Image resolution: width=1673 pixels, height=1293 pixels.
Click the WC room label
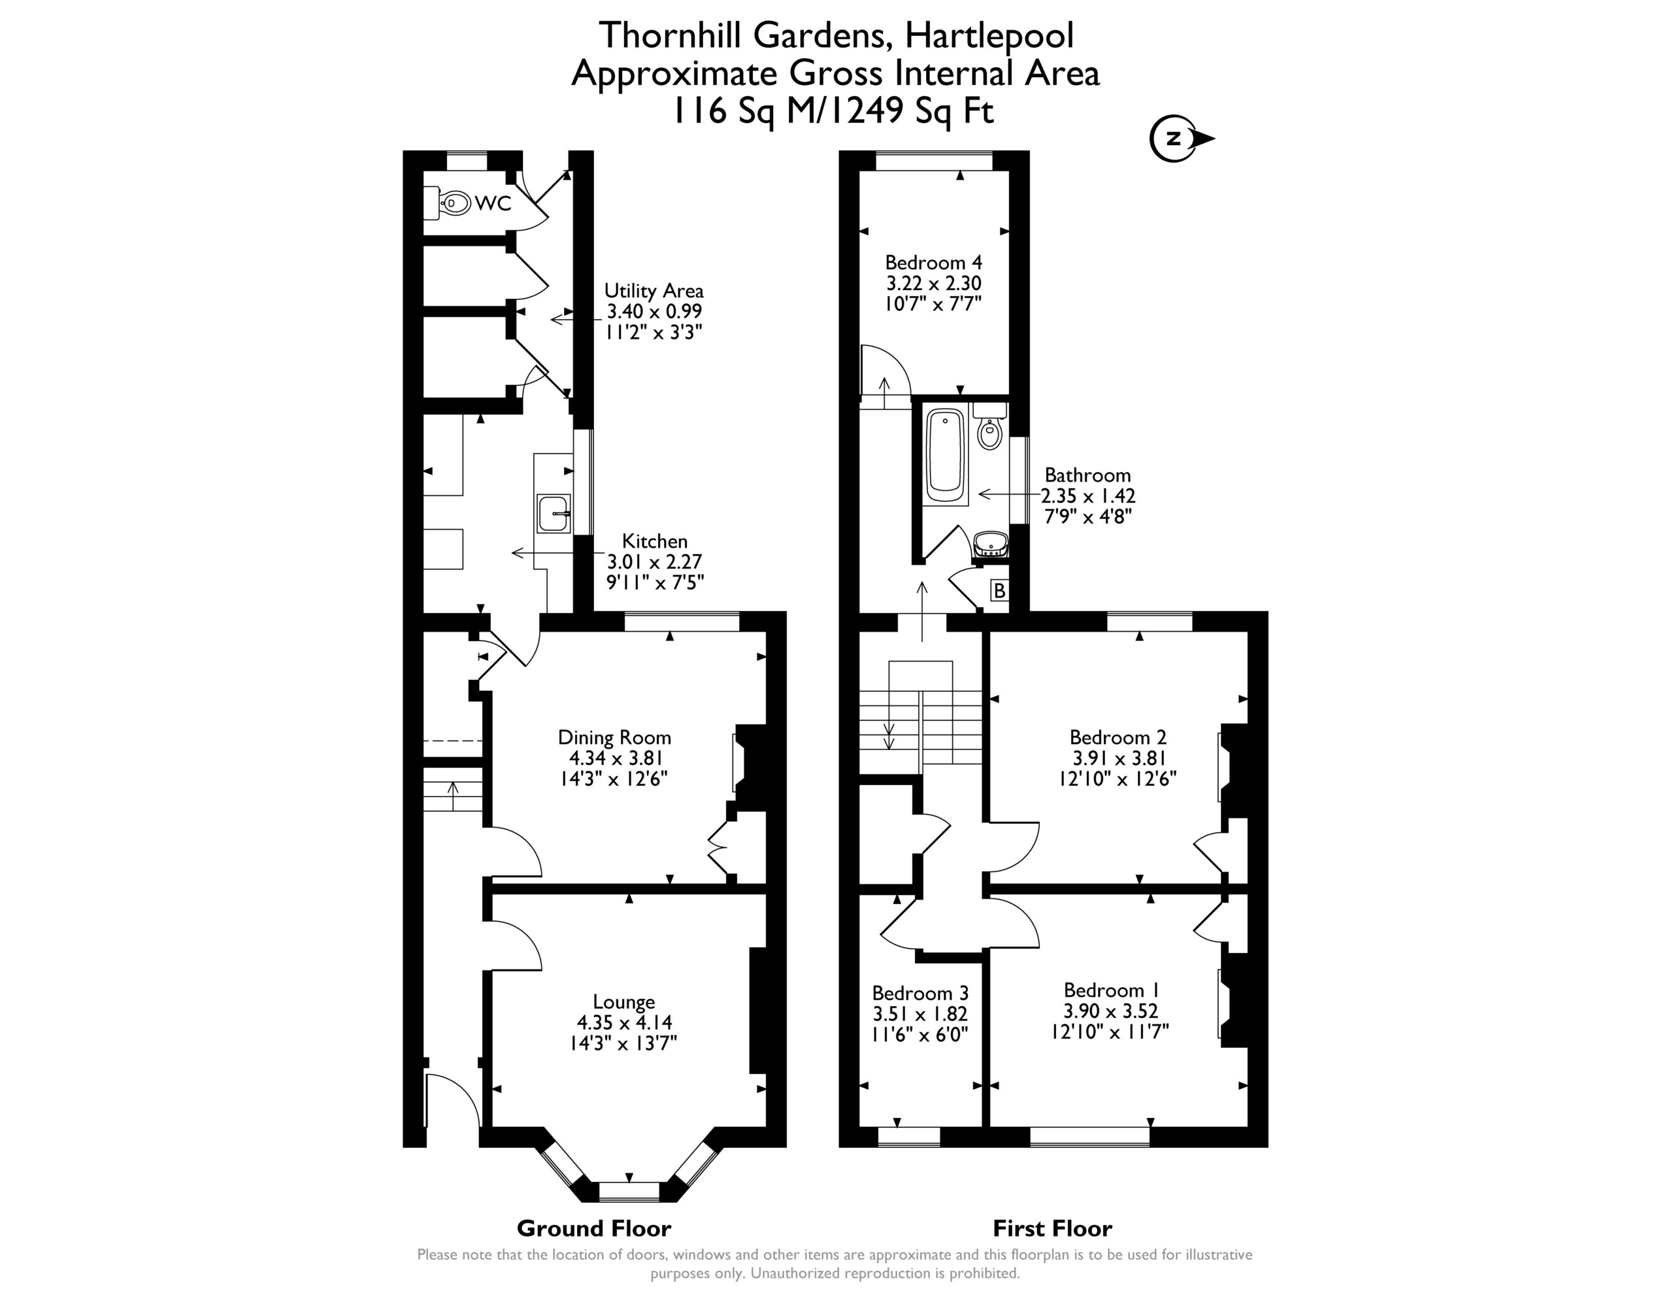pos(493,203)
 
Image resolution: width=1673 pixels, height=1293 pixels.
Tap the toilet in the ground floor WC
pos(453,203)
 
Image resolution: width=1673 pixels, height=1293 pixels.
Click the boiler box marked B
pos(999,591)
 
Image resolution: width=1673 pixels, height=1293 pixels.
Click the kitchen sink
pos(553,512)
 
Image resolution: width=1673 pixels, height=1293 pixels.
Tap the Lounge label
pos(623,1001)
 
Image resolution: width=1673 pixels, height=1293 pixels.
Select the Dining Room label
pos(614,737)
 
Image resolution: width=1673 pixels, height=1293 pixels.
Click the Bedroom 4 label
pos(933,262)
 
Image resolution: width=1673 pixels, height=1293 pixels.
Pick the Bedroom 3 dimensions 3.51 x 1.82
pos(920,1013)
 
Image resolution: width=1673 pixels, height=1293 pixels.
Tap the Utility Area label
pos(654,292)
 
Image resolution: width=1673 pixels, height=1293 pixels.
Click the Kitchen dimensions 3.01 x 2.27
pos(654,562)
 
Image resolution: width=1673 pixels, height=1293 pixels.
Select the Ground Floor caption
pos(593,1229)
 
